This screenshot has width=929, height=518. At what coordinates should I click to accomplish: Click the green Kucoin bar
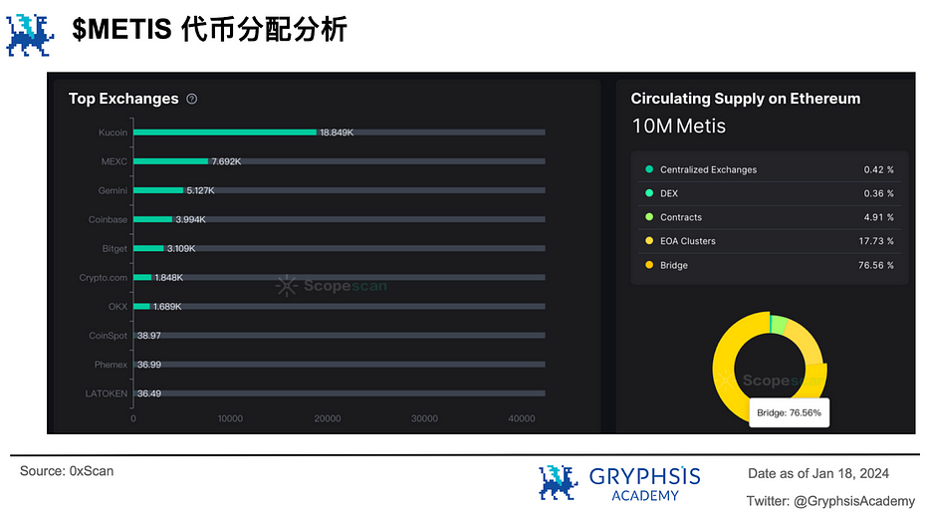tap(225, 132)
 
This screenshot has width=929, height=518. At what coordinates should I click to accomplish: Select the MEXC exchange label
tap(115, 161)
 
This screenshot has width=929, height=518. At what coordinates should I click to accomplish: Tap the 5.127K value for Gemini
tap(200, 190)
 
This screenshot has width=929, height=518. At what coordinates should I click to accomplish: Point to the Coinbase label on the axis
tap(108, 219)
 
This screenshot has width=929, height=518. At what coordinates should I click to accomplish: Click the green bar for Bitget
tap(148, 248)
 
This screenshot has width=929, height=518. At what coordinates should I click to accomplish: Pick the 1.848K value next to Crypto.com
tap(169, 277)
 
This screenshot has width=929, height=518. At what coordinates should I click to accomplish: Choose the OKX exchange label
tap(117, 307)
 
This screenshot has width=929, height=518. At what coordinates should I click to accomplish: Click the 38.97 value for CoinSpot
tap(149, 336)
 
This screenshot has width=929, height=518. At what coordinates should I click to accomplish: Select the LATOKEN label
tap(107, 393)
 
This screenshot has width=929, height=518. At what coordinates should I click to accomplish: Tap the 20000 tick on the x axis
tap(327, 418)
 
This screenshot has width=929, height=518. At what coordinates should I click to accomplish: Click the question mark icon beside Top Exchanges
tap(192, 99)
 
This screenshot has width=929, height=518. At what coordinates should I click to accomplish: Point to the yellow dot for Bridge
tap(649, 265)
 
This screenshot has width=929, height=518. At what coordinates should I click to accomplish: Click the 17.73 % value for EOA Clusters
tap(876, 241)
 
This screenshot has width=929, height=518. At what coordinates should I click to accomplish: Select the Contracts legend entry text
tap(681, 217)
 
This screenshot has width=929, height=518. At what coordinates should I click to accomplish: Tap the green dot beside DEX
tap(649, 193)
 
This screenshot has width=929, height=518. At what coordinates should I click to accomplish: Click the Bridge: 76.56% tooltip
tap(790, 412)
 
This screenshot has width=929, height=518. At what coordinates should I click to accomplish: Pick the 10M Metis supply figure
tap(678, 127)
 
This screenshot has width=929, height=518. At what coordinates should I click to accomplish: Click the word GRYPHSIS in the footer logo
tap(644, 476)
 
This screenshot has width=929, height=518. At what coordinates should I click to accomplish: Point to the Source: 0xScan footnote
tap(67, 471)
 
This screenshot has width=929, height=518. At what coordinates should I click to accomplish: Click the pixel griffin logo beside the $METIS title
tap(30, 36)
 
